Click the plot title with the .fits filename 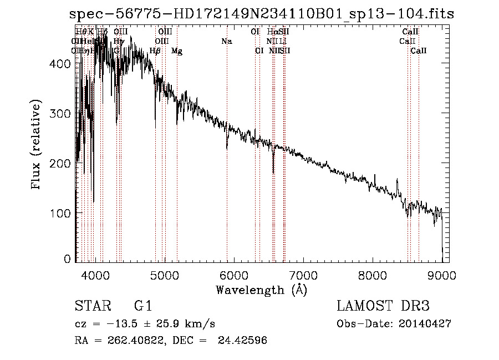click(262, 14)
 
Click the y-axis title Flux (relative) click(37, 146)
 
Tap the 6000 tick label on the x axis click(234, 275)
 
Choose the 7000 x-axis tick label click(303, 275)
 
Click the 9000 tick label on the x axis click(442, 275)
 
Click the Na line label click(226, 41)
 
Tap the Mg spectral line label click(177, 51)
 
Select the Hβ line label click(155, 51)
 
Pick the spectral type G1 click(143, 306)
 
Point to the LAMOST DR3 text click(383, 306)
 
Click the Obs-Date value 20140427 click(426, 324)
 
